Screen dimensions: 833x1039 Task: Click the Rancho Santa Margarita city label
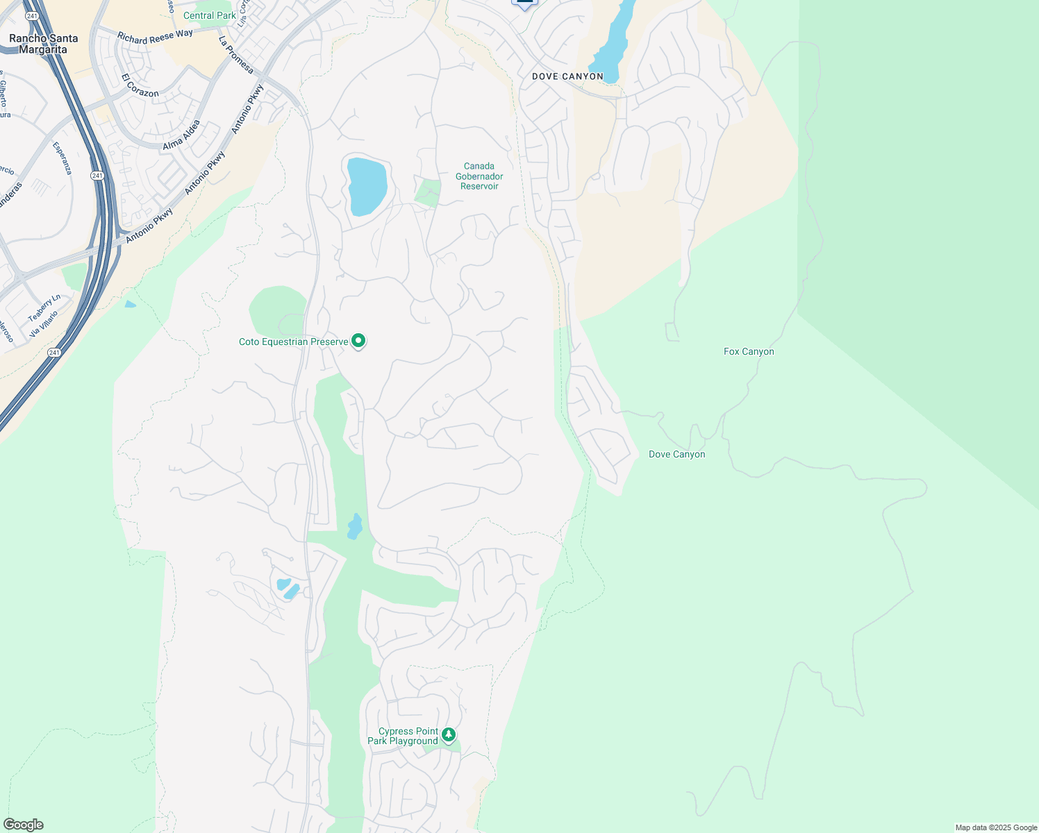click(x=43, y=44)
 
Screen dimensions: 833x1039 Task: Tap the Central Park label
click(x=209, y=15)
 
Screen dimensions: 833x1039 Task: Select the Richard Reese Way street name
click(x=155, y=37)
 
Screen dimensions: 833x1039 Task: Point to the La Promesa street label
click(x=236, y=55)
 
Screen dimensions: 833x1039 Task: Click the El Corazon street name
click(x=140, y=85)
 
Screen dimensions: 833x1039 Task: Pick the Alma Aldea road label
click(x=182, y=135)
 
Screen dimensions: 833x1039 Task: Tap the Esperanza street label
click(x=62, y=158)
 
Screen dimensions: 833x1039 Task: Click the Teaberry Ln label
click(x=44, y=308)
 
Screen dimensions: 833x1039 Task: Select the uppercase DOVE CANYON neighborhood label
click(x=567, y=76)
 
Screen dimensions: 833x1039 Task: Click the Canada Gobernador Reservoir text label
click(x=479, y=176)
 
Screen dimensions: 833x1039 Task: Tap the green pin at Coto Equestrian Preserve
click(x=358, y=341)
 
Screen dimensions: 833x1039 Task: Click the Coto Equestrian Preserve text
click(x=293, y=342)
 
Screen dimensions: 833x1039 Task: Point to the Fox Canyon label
click(x=749, y=352)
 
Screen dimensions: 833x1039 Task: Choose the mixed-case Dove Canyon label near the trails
click(x=676, y=455)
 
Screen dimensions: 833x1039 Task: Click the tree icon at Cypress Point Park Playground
click(x=449, y=734)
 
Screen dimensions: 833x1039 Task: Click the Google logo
click(x=24, y=825)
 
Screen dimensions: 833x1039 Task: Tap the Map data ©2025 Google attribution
click(x=996, y=827)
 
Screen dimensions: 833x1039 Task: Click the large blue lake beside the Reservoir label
click(x=366, y=185)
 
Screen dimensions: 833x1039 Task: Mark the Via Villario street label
click(x=44, y=324)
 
